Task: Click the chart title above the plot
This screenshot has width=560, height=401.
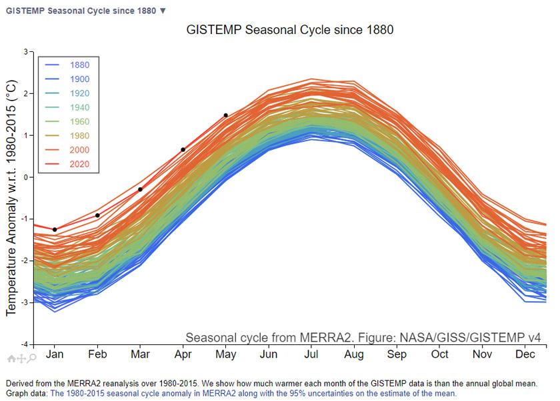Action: [x=289, y=30]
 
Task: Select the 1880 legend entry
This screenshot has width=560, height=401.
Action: [x=79, y=65]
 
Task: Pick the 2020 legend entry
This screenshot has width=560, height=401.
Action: [x=79, y=165]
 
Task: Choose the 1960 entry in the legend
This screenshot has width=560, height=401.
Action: [x=79, y=122]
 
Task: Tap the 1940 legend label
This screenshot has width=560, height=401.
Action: [x=79, y=107]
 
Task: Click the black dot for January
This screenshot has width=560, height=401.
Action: [x=55, y=230]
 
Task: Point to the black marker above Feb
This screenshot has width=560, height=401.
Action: [x=97, y=215]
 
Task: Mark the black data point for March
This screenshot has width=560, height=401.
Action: [x=140, y=189]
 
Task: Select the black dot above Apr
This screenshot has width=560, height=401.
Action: [x=183, y=149]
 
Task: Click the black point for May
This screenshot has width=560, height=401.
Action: [x=226, y=115]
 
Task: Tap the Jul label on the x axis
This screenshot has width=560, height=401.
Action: [x=311, y=354]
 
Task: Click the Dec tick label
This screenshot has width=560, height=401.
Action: [x=525, y=354]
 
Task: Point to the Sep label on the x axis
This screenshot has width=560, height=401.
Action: [x=397, y=354]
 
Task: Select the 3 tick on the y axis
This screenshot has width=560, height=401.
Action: [x=25, y=52]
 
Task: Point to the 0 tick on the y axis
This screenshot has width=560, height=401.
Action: [x=25, y=177]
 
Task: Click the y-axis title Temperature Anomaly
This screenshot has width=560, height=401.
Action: [x=11, y=198]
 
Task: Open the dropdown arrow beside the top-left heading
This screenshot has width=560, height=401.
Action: [x=163, y=11]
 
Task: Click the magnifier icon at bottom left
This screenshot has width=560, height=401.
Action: [x=32, y=358]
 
